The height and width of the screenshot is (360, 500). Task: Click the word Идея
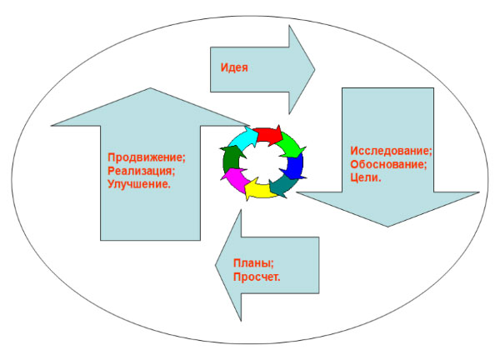[x=234, y=67]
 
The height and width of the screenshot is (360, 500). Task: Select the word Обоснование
[x=388, y=164]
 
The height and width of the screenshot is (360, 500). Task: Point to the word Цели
[x=366, y=177]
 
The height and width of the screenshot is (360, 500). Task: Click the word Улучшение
[x=139, y=182]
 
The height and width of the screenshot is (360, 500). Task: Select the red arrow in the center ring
[x=268, y=134]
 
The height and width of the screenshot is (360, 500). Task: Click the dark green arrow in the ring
[x=230, y=158]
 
